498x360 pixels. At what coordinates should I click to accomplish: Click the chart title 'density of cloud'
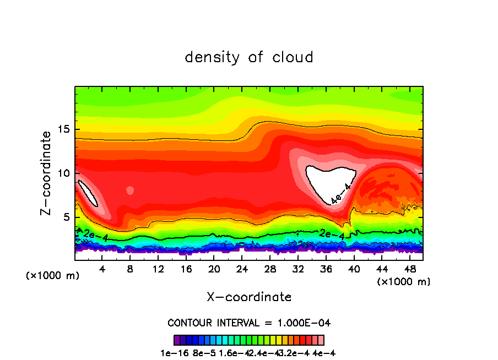249,57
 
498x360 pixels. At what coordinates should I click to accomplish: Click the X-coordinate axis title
249,297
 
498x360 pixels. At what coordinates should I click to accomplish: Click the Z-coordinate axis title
46,173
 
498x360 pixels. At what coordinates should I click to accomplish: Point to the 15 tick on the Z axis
63,129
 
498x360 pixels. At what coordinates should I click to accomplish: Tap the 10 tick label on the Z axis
63,173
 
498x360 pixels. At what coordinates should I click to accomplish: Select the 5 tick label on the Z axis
66,217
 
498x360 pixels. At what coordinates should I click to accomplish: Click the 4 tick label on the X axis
102,269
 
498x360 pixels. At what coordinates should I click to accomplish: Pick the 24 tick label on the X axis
242,269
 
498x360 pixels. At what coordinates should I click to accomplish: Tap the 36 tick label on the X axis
326,269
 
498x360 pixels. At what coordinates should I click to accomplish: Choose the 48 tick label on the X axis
410,269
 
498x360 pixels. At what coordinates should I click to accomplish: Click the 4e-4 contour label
340,194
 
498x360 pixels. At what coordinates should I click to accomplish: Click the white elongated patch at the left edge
88,193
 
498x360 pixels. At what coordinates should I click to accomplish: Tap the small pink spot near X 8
130,190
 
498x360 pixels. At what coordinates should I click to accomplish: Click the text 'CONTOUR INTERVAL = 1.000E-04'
249,323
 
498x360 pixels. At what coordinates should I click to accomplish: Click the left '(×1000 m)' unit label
53,275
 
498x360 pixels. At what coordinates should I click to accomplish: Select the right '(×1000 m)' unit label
403,281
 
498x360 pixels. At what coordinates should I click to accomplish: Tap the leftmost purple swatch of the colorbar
177,340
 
